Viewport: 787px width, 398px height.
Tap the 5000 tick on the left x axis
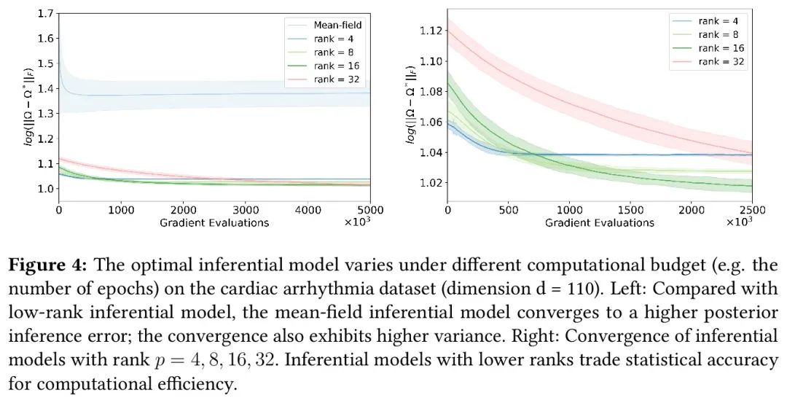click(370, 211)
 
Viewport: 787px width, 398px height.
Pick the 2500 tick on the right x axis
click(751, 211)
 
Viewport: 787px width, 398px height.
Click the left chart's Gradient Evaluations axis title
click(214, 222)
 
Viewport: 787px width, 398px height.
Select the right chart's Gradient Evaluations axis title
click(599, 222)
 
